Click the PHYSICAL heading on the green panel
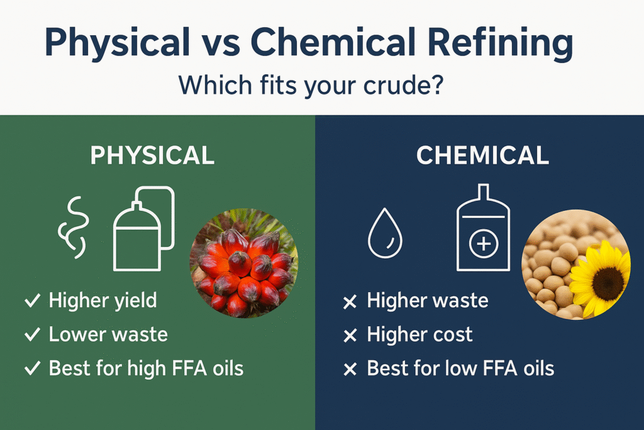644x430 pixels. pos(152,156)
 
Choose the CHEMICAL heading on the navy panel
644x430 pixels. pos(482,156)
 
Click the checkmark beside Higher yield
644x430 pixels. pos(32,301)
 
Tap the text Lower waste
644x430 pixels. pos(108,334)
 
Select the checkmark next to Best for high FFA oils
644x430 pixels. pos(32,368)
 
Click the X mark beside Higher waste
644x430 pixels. pos(350,302)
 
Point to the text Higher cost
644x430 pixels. pos(419,334)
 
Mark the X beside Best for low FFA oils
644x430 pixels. pos(350,369)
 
